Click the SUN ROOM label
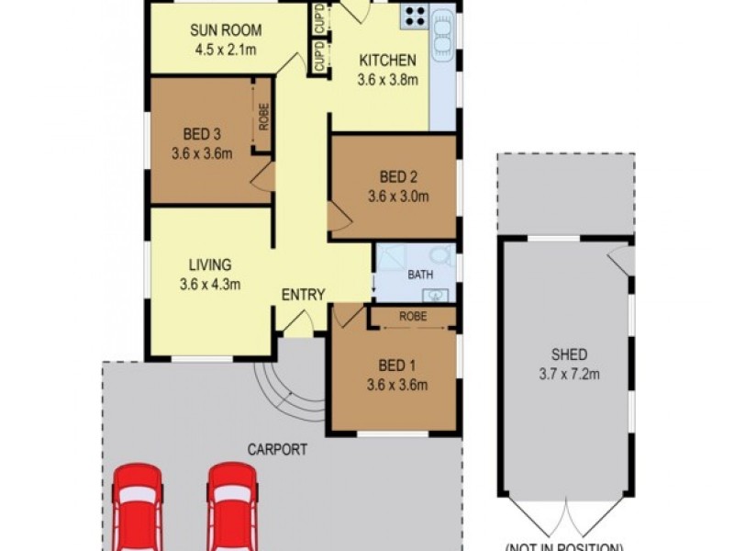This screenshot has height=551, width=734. click(x=223, y=29)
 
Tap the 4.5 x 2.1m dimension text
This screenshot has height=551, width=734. click(x=223, y=49)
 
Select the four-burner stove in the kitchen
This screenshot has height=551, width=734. click(x=415, y=16)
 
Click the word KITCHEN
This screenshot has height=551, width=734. click(x=387, y=61)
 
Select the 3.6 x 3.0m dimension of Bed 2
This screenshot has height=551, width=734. click(x=398, y=196)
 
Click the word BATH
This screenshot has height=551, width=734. click(x=420, y=274)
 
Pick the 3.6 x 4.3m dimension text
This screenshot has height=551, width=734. click(x=209, y=284)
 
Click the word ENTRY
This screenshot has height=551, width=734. click(x=303, y=295)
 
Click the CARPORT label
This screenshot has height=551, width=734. click(x=277, y=450)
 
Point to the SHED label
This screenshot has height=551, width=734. click(x=569, y=354)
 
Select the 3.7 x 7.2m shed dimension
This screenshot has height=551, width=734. click(x=569, y=374)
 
